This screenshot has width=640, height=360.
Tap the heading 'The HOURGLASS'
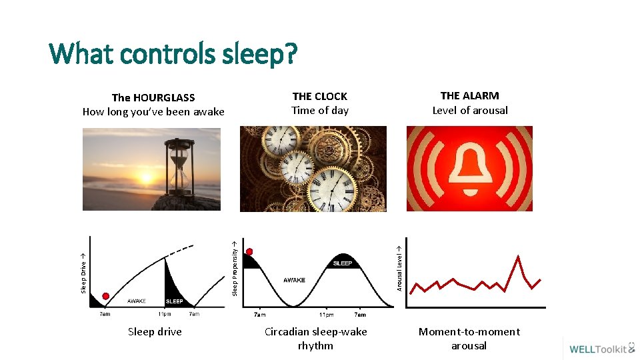click(153, 98)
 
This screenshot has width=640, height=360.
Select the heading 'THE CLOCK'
click(319, 96)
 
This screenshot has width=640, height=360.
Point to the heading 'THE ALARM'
click(469, 95)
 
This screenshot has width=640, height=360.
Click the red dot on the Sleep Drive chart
click(105, 296)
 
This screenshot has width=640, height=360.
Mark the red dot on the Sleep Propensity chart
click(249, 252)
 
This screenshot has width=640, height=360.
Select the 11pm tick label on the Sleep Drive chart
click(164, 313)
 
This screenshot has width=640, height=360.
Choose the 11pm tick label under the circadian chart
click(326, 315)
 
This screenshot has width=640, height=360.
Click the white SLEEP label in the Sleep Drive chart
click(174, 301)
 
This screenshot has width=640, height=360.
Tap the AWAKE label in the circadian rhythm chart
click(294, 280)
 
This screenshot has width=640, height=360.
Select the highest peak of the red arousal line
click(518, 256)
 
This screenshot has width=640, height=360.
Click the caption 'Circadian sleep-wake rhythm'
click(315, 339)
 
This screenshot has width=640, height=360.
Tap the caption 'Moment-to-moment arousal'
click(469, 339)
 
